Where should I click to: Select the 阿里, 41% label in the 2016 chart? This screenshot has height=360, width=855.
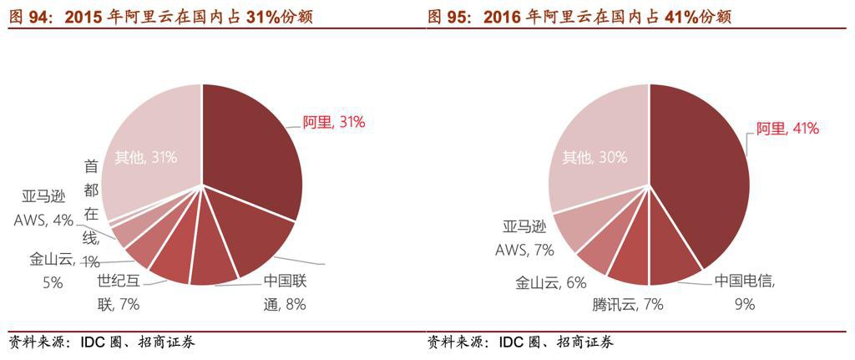787,129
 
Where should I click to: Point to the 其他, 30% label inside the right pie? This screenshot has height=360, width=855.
594,157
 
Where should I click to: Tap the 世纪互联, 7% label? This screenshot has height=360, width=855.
118,292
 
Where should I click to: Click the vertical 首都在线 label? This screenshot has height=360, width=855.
91,212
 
